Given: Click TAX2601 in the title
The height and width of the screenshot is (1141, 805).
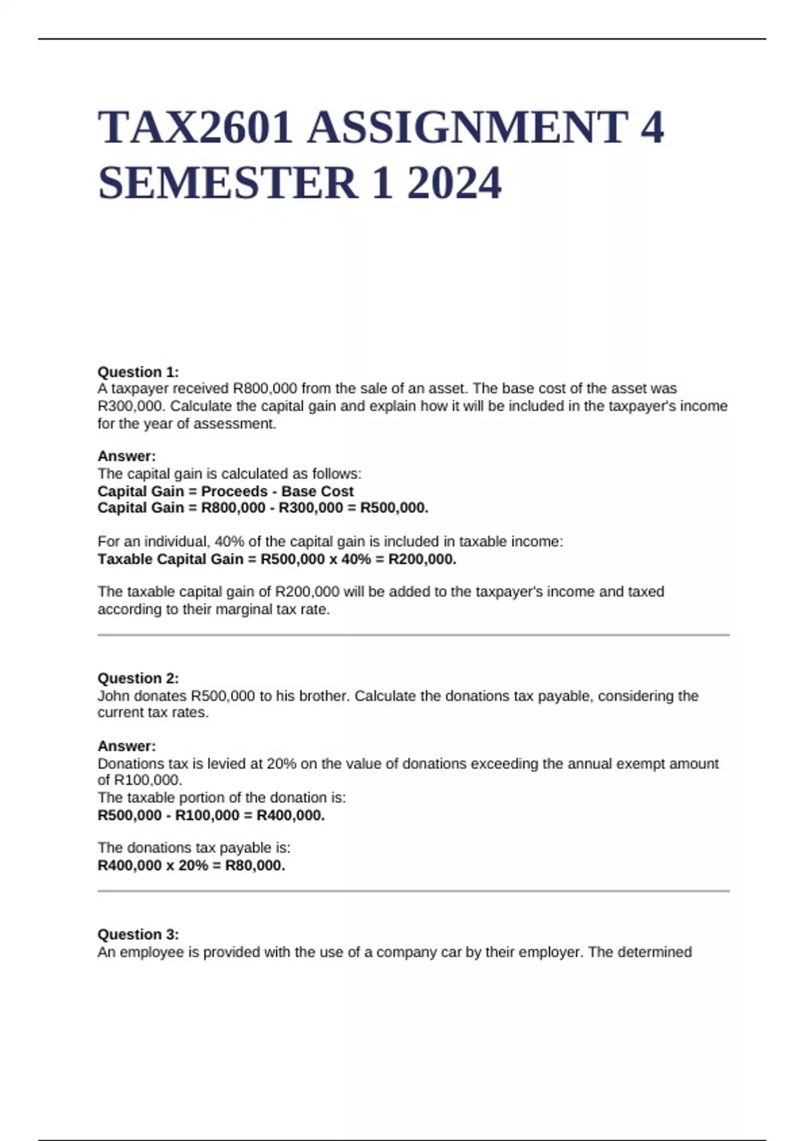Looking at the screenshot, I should pyautogui.click(x=195, y=128).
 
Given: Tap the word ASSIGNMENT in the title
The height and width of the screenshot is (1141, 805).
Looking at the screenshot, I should pyautogui.click(x=468, y=128).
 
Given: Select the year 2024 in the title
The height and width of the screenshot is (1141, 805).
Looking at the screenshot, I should pyautogui.click(x=453, y=183).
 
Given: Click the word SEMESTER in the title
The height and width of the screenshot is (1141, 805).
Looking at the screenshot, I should pyautogui.click(x=228, y=183).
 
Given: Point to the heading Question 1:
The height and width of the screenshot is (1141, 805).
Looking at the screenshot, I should pyautogui.click(x=138, y=372).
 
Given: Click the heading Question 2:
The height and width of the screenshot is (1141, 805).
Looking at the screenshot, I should pyautogui.click(x=138, y=678).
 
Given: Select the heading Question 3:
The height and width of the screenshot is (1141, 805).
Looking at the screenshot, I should pyautogui.click(x=138, y=934).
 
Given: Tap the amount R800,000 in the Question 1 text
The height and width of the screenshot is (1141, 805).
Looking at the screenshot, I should pyautogui.click(x=265, y=389).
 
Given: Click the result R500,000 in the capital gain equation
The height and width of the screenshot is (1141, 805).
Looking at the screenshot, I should pyautogui.click(x=394, y=508).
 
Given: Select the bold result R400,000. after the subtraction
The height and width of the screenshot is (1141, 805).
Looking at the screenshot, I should pyautogui.click(x=290, y=815).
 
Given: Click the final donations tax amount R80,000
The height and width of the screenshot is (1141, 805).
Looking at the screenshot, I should pyautogui.click(x=255, y=866).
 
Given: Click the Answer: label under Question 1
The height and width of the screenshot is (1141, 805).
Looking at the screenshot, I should pyautogui.click(x=127, y=456).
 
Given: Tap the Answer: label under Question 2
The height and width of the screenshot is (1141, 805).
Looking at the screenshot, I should pyautogui.click(x=127, y=746).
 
